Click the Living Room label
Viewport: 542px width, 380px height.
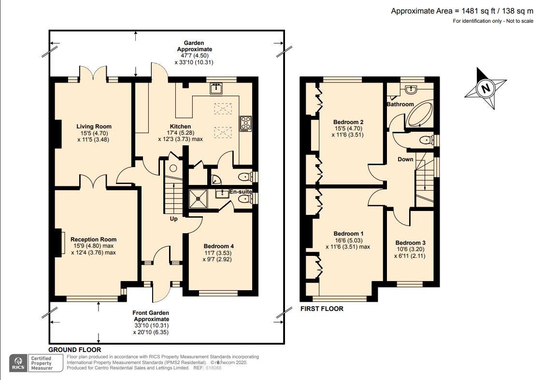(x=94, y=127)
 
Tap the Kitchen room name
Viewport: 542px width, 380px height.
(x=180, y=127)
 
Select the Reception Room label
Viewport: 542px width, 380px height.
(x=93, y=239)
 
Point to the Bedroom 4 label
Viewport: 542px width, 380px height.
(x=218, y=246)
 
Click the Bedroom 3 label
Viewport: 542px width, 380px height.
(x=410, y=243)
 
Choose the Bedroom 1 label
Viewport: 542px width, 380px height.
(x=348, y=234)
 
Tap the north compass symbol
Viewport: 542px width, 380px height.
(x=485, y=88)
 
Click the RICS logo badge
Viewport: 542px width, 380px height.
(x=18, y=363)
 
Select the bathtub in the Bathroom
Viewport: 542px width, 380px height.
(x=420, y=113)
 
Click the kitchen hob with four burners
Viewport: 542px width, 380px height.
(x=246, y=124)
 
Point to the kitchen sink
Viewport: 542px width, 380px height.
(x=216, y=88)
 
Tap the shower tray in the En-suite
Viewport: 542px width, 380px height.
(x=199, y=199)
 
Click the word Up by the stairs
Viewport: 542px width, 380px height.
(x=173, y=219)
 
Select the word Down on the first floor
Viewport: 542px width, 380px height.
(x=405, y=159)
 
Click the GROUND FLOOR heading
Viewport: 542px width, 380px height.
(x=75, y=350)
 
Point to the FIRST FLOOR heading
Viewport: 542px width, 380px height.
(x=322, y=309)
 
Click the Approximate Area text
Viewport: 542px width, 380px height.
(x=462, y=11)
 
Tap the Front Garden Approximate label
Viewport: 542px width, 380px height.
(x=151, y=316)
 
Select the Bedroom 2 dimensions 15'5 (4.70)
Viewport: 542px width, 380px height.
(x=348, y=128)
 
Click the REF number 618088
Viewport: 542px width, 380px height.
(x=214, y=368)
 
